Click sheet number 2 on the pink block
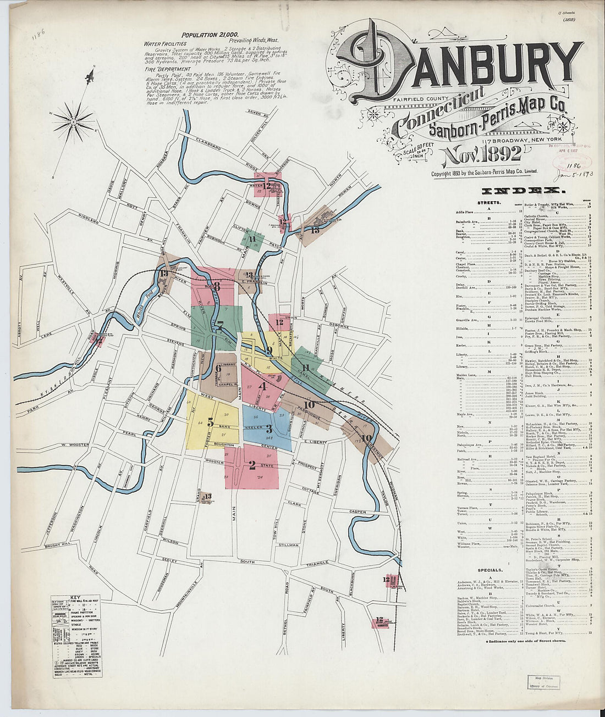coord(252,465)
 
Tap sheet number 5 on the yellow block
coord(210,423)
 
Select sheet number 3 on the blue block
coord(269,429)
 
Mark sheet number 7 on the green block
coord(219,325)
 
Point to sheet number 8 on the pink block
coord(217,286)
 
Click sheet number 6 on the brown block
coord(218,369)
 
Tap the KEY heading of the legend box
coord(76,597)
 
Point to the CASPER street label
coord(358,512)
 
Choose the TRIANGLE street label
coord(317,563)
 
